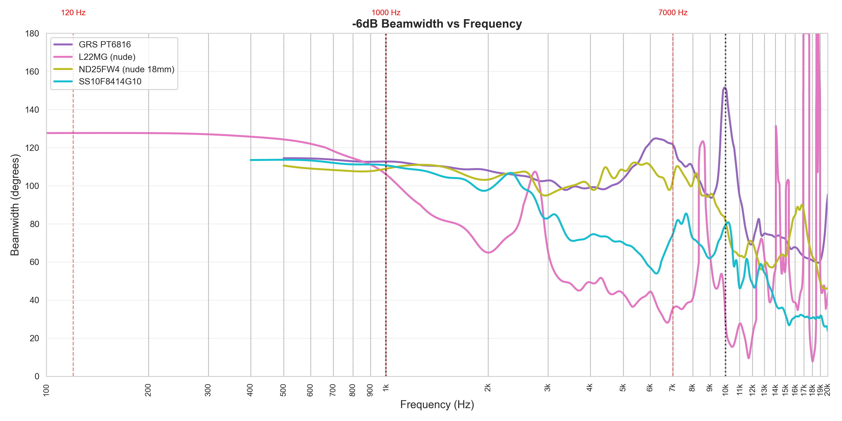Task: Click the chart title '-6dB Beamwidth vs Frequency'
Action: tap(437, 24)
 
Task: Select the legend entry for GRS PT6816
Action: tap(105, 44)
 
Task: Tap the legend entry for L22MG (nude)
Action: tap(107, 57)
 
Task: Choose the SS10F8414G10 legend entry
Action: tap(110, 81)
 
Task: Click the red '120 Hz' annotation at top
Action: tap(73, 13)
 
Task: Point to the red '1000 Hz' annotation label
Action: tap(386, 13)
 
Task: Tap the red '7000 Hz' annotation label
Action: tap(673, 13)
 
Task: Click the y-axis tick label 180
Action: tap(32, 34)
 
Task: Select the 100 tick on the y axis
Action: tap(32, 186)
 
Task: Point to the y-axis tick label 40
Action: tap(34, 300)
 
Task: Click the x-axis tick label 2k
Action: tap(488, 388)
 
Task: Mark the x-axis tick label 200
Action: tap(148, 390)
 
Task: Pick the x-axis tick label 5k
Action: tap(623, 388)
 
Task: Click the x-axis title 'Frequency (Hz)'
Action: tap(437, 405)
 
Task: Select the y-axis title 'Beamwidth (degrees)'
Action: tap(15, 205)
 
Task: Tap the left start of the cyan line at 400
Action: tap(251, 160)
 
